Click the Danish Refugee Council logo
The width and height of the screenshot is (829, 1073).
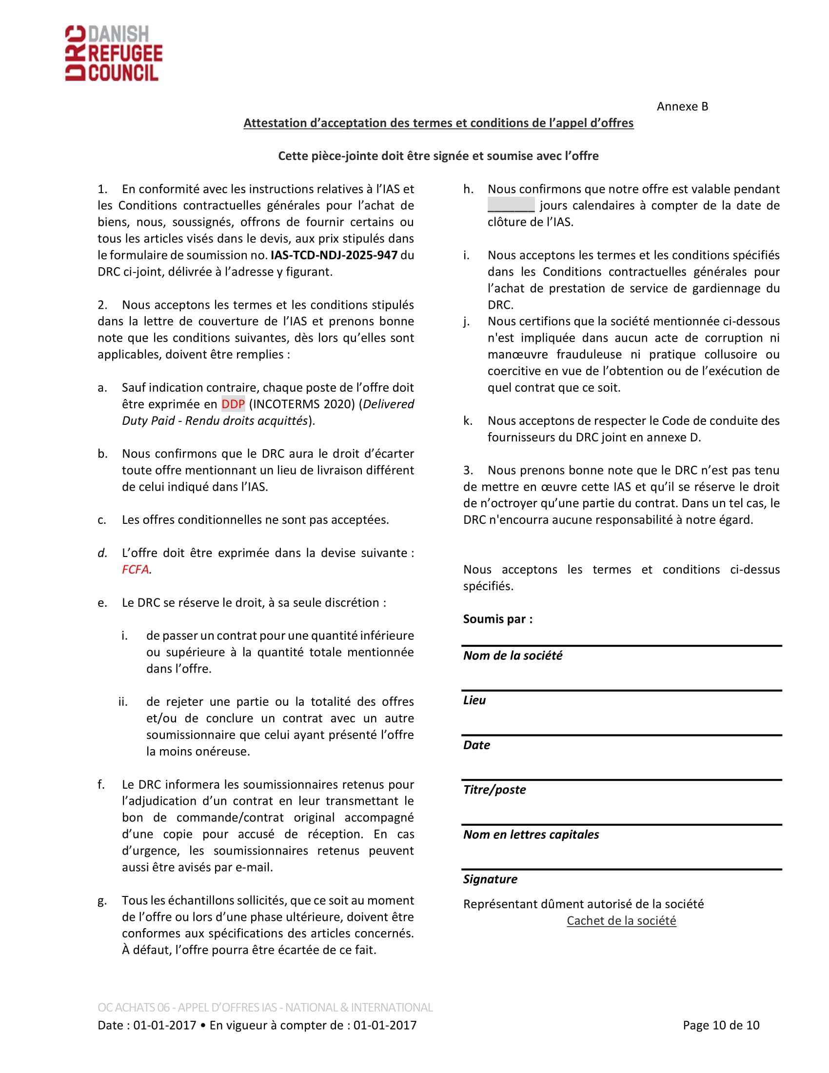[x=114, y=53]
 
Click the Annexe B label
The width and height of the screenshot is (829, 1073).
[x=682, y=107]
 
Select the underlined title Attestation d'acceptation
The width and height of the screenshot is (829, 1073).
[x=438, y=123]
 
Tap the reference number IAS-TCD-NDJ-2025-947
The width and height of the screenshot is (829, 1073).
[x=334, y=255]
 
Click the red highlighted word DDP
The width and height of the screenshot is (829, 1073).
[x=233, y=404]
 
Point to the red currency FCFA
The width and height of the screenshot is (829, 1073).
[x=136, y=569]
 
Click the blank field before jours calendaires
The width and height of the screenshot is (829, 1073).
[x=511, y=205]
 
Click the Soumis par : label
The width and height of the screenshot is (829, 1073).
[x=497, y=619]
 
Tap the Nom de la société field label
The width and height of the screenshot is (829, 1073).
[x=513, y=656]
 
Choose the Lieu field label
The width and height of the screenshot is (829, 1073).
[x=474, y=700]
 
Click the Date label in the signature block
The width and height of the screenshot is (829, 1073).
[x=476, y=745]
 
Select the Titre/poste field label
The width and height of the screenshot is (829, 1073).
[x=494, y=790]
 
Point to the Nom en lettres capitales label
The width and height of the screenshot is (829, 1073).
[x=531, y=834]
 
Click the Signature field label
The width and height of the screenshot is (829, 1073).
[x=490, y=879]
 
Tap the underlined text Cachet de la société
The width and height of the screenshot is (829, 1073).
[x=621, y=921]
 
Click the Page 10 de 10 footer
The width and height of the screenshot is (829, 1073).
[x=721, y=1025]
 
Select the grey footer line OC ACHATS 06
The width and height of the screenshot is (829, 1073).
[x=265, y=1008]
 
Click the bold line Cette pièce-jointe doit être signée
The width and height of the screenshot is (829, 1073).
[x=438, y=156]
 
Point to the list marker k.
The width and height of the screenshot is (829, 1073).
[x=468, y=420]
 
